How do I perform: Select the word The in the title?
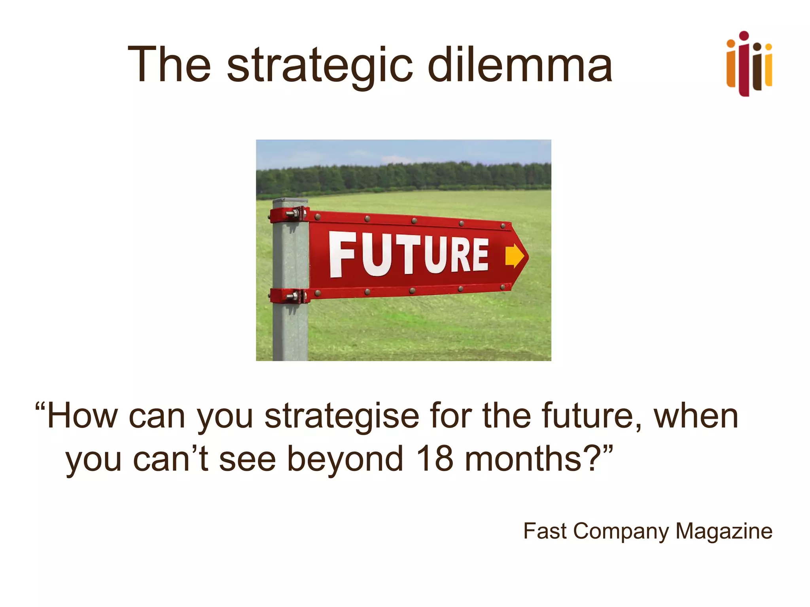coord(169,64)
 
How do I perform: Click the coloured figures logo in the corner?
coord(749,64)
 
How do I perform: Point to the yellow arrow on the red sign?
coord(515,256)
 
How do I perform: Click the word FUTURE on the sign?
coord(409,254)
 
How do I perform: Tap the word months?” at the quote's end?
coord(538,458)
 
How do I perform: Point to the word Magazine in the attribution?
coord(723,531)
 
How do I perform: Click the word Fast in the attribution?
coord(545,531)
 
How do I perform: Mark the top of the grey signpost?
coord(290,201)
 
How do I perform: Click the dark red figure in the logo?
coord(744,65)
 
